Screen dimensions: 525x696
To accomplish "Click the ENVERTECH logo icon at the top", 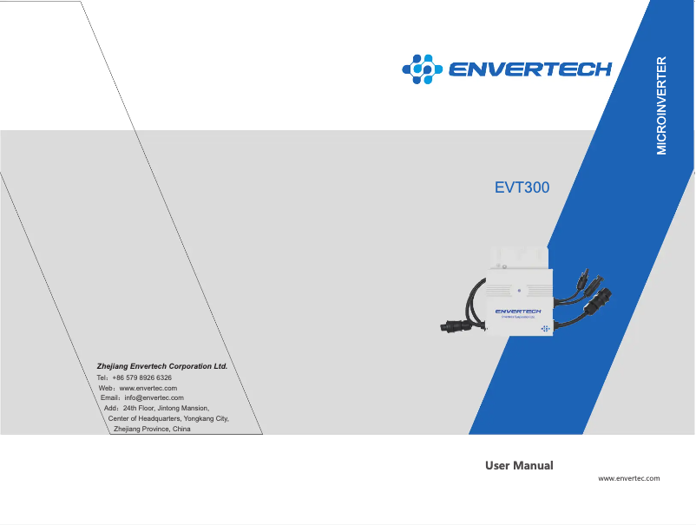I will coord(421,68).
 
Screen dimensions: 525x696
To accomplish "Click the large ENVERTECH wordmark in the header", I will coord(529,69).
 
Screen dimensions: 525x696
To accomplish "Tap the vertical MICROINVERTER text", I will coord(661,106).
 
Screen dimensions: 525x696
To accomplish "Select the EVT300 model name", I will coord(522,187).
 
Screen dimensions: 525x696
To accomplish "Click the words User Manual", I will coord(519,466).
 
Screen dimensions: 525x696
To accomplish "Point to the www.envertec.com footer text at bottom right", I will coord(629,478).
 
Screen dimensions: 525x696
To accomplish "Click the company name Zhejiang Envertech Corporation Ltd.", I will coord(162,366).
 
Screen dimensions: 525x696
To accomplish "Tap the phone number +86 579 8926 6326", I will coord(142,378).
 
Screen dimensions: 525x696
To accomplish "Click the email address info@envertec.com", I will coord(154,398).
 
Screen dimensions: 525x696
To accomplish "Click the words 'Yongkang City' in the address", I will coord(203,419).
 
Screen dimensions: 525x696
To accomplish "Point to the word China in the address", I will coord(181,430).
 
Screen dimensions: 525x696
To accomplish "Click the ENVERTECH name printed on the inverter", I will coord(517,311).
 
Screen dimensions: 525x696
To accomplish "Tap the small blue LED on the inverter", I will coord(519,291).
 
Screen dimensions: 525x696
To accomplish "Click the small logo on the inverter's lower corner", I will coord(545,329).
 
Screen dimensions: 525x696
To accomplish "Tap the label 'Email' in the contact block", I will coord(111,398).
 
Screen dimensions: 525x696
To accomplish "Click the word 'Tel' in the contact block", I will coord(102,378).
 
